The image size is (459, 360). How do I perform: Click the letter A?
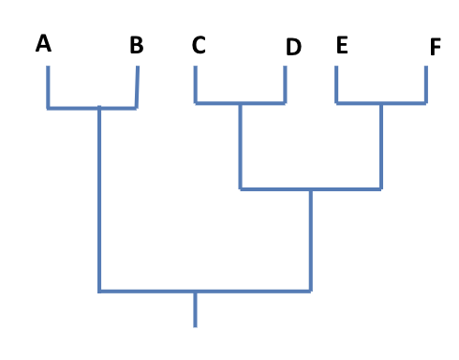tap(43, 43)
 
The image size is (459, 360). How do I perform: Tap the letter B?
tap(137, 45)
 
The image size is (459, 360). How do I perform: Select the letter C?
tap(198, 45)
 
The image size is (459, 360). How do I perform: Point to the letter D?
tap(293, 47)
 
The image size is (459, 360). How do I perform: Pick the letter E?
tap(341, 45)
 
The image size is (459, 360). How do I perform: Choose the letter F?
tap(435, 47)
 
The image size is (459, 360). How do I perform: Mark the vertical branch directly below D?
tap(285, 85)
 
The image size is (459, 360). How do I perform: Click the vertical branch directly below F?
tap(426, 85)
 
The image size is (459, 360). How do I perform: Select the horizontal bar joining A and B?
tap(92, 108)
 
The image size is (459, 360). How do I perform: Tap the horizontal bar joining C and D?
tap(240, 102)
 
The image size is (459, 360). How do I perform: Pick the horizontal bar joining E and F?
tap(381, 102)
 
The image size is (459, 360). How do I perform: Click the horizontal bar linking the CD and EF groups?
tap(310, 189)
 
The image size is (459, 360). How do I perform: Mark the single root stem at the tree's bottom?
tap(195, 309)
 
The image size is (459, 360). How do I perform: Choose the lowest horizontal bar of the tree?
tap(204, 292)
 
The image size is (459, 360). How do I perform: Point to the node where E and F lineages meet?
tap(381, 103)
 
